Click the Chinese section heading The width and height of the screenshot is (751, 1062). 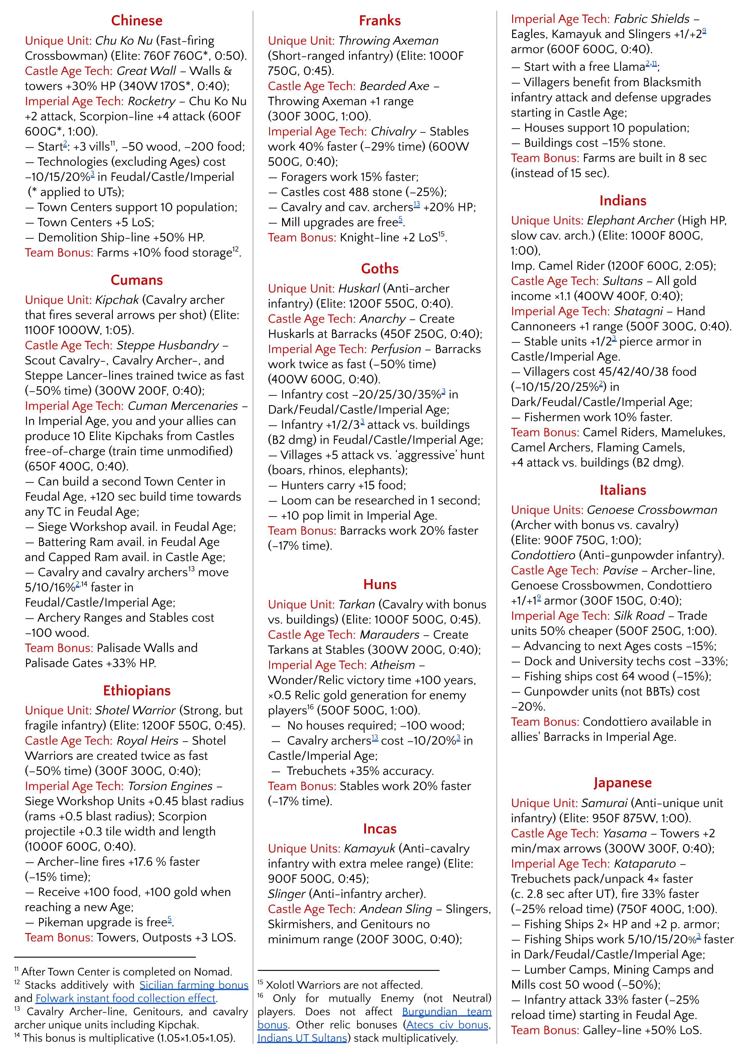click(137, 20)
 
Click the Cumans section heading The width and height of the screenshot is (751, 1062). click(137, 280)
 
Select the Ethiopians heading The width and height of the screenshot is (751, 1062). click(137, 690)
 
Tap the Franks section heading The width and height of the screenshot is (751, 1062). click(380, 20)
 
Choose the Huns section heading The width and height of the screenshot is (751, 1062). click(380, 584)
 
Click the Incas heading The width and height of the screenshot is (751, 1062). click(380, 828)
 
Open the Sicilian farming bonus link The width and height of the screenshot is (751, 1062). click(194, 985)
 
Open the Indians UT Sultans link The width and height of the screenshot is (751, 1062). click(302, 1038)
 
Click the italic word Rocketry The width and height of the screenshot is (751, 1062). click(152, 101)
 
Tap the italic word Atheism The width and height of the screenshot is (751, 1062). click(393, 665)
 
